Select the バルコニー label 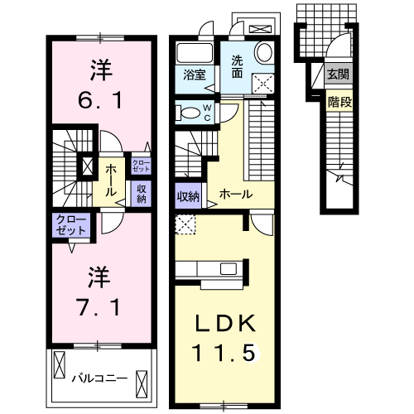tap(99, 378)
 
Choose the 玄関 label tap(338, 75)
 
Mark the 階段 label tap(338, 102)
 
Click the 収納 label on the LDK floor tap(187, 196)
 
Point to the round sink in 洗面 tap(264, 53)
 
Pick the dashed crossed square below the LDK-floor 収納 tap(184, 224)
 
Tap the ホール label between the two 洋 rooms tap(110, 176)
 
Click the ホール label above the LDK tap(235, 195)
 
